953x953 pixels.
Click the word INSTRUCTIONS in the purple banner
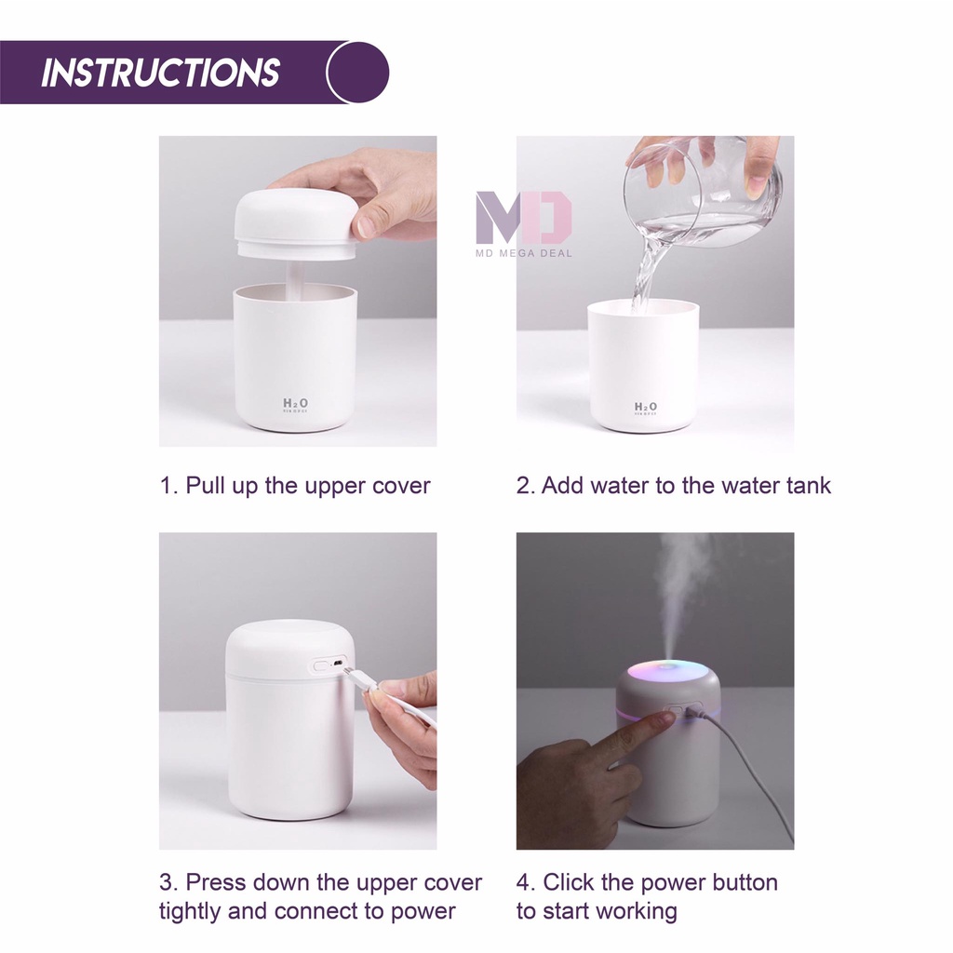[x=160, y=73]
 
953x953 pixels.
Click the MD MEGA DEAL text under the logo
[x=524, y=253]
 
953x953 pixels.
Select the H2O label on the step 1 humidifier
[x=295, y=404]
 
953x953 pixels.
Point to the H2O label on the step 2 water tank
[x=646, y=408]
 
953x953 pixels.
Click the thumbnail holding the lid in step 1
[x=368, y=226]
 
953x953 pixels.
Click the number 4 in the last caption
[x=523, y=883]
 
